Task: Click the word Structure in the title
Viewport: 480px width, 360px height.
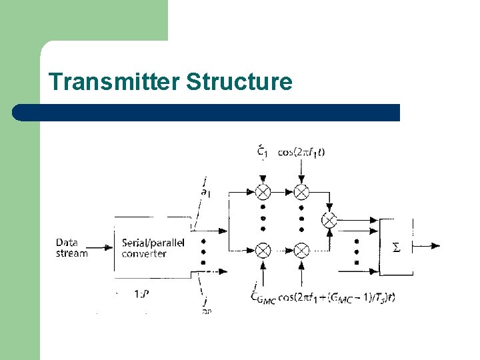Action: pyautogui.click(x=239, y=82)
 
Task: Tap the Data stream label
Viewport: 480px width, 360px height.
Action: pyautogui.click(x=71, y=248)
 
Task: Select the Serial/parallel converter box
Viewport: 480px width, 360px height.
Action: pyautogui.click(x=153, y=248)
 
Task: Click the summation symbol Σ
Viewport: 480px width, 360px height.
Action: pyautogui.click(x=396, y=247)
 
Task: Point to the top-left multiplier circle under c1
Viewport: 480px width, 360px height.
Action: pyautogui.click(x=263, y=192)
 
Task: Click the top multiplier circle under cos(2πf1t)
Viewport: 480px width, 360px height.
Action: pyautogui.click(x=302, y=192)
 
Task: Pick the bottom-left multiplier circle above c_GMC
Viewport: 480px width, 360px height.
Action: pyautogui.click(x=263, y=250)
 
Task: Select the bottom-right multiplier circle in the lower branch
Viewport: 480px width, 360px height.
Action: pyautogui.click(x=302, y=250)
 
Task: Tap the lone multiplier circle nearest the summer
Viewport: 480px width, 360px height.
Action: pyautogui.click(x=329, y=219)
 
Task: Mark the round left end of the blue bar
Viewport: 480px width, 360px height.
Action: pyautogui.click(x=20, y=112)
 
